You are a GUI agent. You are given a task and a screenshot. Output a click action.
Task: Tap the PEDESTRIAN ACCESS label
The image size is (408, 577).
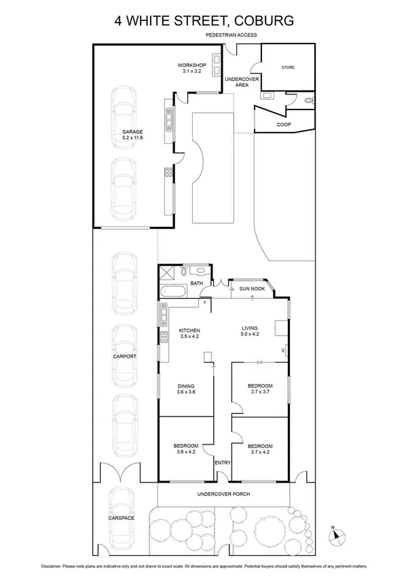click(232, 35)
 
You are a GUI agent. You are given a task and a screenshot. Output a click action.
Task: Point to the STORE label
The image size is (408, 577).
click(288, 68)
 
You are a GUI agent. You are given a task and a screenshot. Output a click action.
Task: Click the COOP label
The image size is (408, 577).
click(283, 125)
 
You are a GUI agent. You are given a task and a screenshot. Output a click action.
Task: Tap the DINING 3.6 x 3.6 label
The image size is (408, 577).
click(185, 389)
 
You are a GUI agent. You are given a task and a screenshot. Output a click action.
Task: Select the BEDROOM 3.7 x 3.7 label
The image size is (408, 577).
click(261, 389)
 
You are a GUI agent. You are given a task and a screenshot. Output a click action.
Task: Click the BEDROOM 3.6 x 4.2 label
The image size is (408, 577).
click(185, 449)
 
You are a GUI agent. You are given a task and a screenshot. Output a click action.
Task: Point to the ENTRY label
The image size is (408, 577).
click(223, 463)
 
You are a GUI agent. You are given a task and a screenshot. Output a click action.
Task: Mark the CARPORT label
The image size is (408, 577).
click(124, 356)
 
